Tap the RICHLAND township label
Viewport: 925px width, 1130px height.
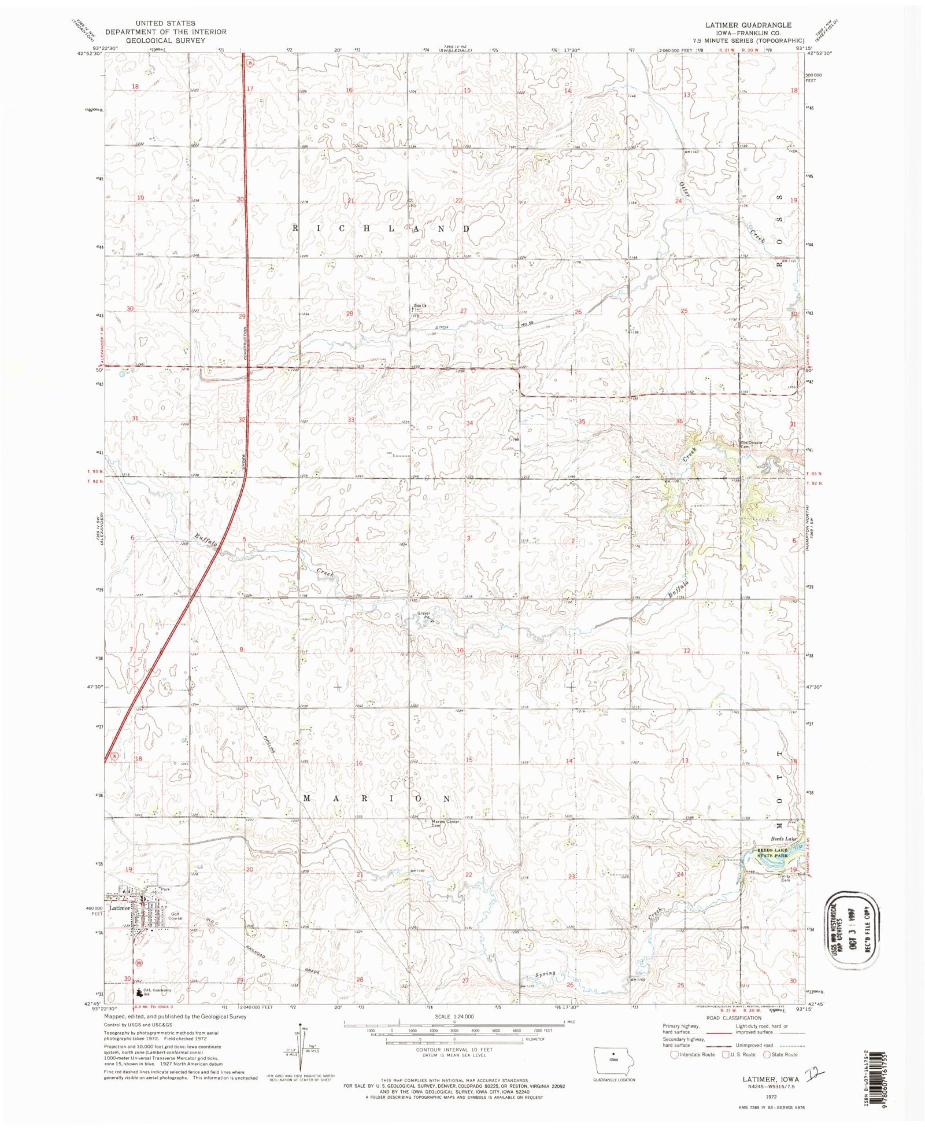[381, 228]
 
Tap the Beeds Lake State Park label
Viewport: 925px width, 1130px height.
[772, 852]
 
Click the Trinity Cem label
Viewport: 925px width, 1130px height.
[784, 878]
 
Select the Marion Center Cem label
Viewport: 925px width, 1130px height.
[445, 823]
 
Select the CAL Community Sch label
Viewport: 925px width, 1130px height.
[157, 991]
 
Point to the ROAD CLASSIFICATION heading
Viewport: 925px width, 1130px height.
[733, 1018]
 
